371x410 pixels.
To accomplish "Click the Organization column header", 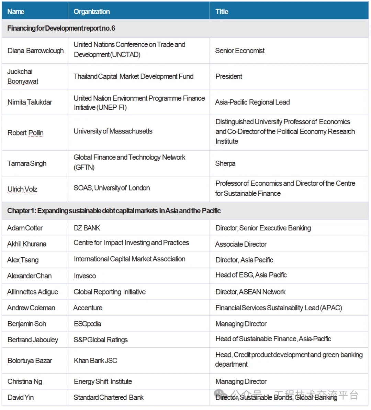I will [92, 12].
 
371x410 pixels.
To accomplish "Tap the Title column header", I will [222, 12].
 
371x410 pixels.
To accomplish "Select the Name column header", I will [16, 12].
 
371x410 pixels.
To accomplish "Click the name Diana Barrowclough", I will [35, 51].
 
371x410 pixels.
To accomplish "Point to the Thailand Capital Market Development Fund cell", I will [133, 76].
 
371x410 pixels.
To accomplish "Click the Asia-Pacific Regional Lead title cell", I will [252, 102].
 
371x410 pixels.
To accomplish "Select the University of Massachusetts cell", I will [113, 131].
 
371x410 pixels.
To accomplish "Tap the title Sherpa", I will [225, 163].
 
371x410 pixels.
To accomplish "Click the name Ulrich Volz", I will [22, 189].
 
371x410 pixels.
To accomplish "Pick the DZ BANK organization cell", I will [87, 228].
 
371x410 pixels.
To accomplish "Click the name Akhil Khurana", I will [27, 244].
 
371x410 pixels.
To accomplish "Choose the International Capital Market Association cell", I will [130, 259].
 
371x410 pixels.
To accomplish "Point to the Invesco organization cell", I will [85, 276].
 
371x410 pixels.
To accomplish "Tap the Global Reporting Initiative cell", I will [110, 292].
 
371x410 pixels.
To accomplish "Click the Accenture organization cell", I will [88, 308].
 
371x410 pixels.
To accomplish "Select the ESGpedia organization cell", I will [87, 324].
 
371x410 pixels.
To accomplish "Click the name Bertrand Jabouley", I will [33, 340].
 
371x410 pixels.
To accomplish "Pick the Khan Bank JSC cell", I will [95, 360].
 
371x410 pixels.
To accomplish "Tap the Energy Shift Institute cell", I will [103, 381].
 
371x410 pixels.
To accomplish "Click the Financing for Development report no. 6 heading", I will [61, 28].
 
